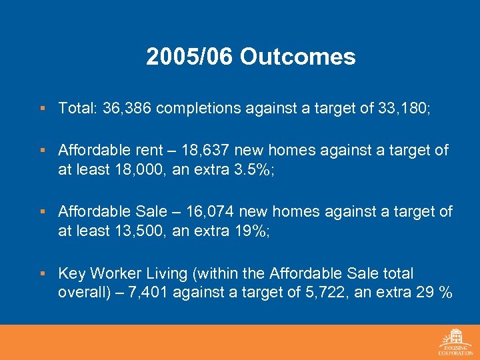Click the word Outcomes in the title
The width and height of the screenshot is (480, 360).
pyautogui.click(x=298, y=57)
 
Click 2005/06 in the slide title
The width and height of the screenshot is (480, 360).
pyautogui.click(x=190, y=57)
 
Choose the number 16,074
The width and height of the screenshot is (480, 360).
pyautogui.click(x=209, y=212)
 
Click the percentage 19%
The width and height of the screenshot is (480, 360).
pyautogui.click(x=247, y=231)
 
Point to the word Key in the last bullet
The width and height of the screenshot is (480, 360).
pyautogui.click(x=71, y=273)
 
